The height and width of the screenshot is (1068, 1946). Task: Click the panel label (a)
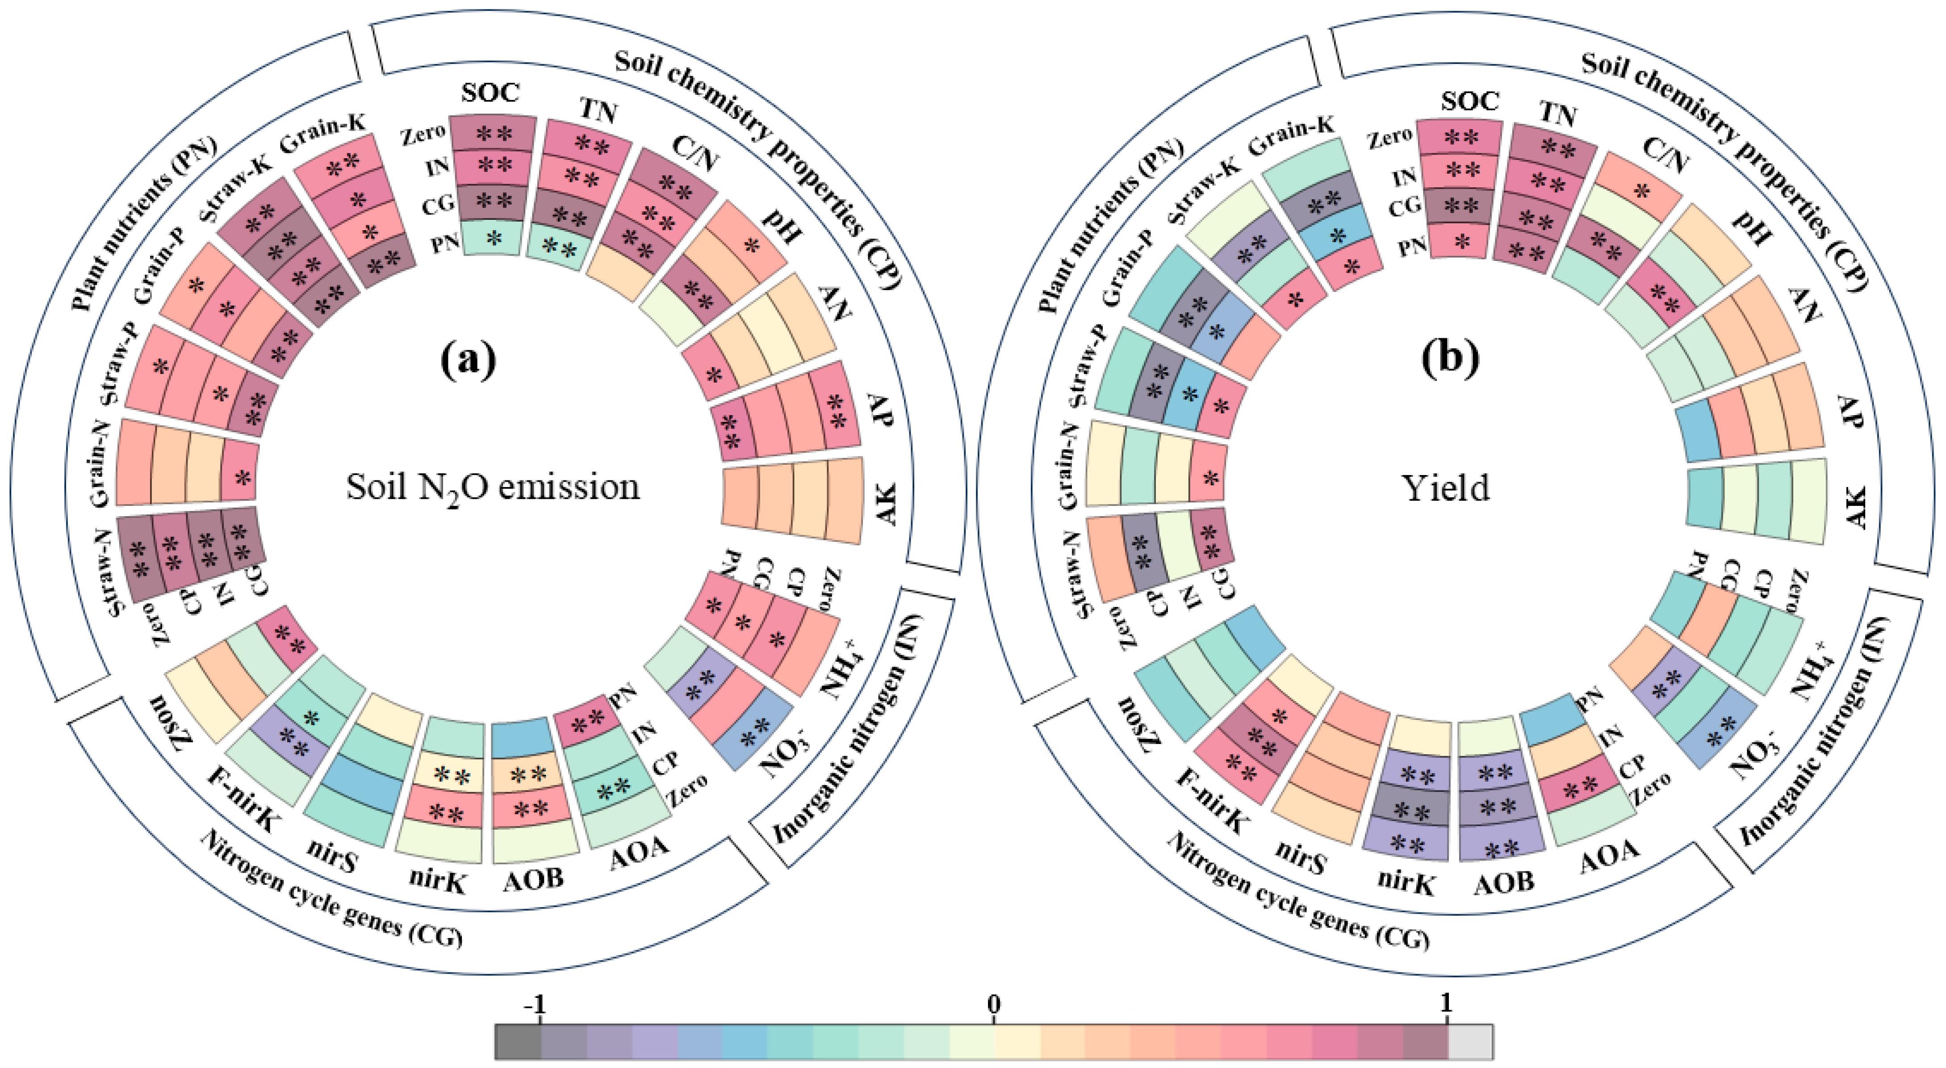click(x=469, y=359)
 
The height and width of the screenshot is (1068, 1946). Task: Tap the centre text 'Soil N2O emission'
click(x=493, y=488)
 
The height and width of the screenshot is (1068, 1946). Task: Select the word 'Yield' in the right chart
click(x=1446, y=488)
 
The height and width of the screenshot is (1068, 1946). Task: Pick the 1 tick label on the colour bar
click(x=1446, y=1004)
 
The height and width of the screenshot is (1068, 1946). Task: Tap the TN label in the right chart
click(x=1558, y=115)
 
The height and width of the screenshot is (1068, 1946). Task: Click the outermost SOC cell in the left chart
click(x=493, y=134)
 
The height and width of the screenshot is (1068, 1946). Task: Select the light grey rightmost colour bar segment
click(x=1469, y=1042)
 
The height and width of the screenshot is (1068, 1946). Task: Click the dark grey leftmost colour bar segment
click(x=518, y=1042)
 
